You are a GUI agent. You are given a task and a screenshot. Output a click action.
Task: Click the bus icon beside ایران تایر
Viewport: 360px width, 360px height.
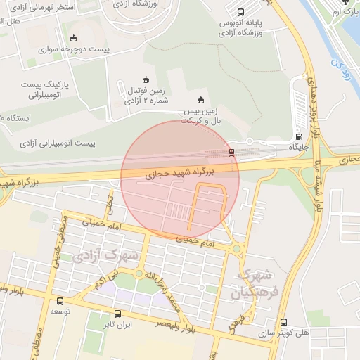117,314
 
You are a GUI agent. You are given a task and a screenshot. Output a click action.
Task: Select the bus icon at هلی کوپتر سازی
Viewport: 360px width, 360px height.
283,323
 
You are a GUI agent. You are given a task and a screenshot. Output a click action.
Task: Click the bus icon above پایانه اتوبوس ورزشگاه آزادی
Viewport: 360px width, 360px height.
241,12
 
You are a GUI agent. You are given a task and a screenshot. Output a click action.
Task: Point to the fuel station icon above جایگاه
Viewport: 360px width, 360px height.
300,136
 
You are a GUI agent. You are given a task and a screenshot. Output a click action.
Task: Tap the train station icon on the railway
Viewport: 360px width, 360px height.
232,152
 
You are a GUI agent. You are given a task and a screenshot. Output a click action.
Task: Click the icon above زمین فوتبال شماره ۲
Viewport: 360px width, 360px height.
146,78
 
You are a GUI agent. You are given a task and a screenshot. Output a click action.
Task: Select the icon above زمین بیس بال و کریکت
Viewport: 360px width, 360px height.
202,100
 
